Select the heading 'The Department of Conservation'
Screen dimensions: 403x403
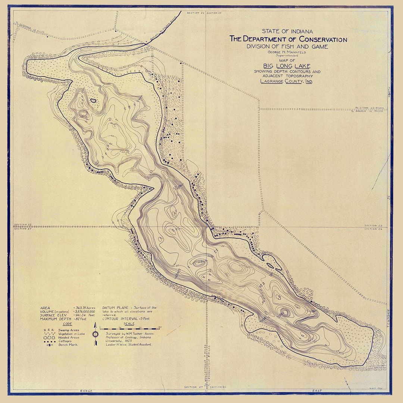288,39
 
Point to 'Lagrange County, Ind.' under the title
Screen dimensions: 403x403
287,81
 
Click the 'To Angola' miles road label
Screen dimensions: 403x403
369,111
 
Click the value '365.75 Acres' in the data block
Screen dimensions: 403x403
85,308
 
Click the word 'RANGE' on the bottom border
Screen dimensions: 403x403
86,391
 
